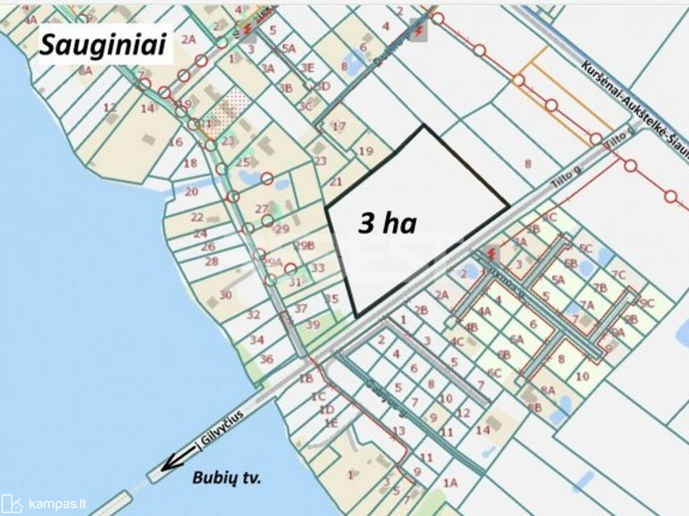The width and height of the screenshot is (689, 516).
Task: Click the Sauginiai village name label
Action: click(x=103, y=45)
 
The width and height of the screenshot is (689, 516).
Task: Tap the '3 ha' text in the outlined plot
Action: click(x=387, y=223)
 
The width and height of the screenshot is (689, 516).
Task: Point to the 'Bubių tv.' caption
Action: click(x=226, y=478)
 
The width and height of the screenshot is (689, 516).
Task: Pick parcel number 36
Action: click(x=267, y=359)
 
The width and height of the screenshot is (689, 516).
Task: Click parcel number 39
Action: click(x=313, y=324)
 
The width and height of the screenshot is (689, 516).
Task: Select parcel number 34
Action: click(x=257, y=340)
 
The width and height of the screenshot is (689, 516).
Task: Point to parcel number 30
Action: click(x=225, y=295)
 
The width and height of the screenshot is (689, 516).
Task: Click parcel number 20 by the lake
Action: click(x=191, y=191)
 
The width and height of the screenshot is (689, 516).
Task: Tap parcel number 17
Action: click(x=339, y=126)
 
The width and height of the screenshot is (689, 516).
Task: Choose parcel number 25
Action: click(x=243, y=162)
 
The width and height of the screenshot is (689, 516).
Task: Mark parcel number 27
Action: click(x=261, y=209)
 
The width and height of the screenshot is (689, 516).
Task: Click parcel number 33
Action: click(x=318, y=268)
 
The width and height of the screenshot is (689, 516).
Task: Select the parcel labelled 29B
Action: click(x=304, y=246)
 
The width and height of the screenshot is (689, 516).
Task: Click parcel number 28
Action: click(x=212, y=261)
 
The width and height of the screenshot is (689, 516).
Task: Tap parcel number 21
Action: click(x=335, y=182)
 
